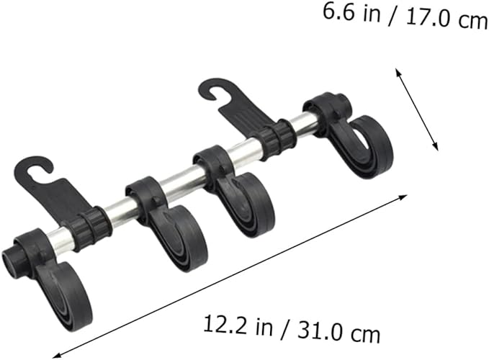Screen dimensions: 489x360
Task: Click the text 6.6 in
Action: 351,13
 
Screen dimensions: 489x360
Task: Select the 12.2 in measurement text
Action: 238,325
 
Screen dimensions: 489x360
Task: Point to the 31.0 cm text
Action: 339,333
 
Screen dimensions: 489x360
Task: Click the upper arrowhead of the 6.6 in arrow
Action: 398,72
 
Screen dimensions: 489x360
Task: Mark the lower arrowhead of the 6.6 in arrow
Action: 436,146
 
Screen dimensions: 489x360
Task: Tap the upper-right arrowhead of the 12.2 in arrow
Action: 403,197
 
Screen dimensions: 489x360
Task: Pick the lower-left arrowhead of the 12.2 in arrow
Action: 57,355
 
